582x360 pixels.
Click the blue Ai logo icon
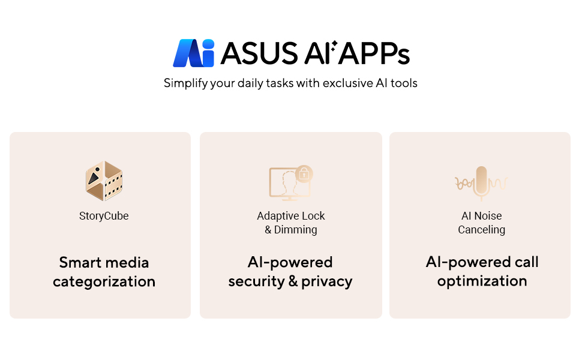[x=193, y=53]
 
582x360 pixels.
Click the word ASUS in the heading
[x=259, y=53]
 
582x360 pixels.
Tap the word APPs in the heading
[x=374, y=53]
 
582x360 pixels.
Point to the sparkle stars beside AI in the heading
[x=334, y=46]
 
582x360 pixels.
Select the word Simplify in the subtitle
[x=185, y=83]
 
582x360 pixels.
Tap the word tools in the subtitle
[x=404, y=83]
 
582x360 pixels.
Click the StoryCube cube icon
[x=104, y=181]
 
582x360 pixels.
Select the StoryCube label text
[x=104, y=216]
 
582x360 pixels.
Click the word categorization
[x=104, y=281]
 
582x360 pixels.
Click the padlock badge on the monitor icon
[x=304, y=173]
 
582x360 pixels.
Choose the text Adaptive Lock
[x=291, y=215]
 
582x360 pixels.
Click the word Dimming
[x=295, y=230]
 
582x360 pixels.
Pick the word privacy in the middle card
[x=326, y=281]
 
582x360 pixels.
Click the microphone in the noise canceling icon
[x=481, y=182]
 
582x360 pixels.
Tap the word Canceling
[x=481, y=230]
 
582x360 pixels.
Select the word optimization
[x=482, y=281]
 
